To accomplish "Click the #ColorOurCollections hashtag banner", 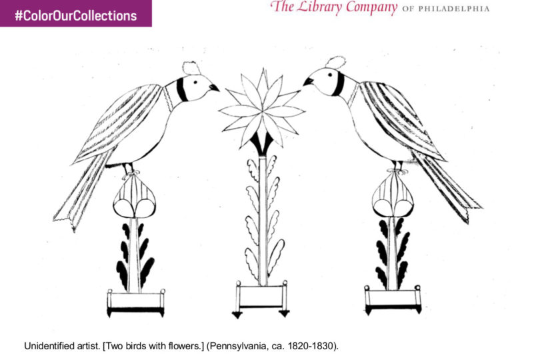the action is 76,13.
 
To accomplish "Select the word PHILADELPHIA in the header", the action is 454,9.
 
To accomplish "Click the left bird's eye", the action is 195,83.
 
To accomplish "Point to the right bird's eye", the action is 330,75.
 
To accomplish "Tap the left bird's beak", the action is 214,87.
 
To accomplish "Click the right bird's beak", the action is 308,81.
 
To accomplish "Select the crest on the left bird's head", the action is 191,68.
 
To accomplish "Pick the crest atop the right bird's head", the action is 335,63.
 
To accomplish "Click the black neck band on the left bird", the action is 181,90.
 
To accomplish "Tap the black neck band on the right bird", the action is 339,84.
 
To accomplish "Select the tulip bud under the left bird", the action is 134,197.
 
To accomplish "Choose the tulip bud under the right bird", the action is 393,195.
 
